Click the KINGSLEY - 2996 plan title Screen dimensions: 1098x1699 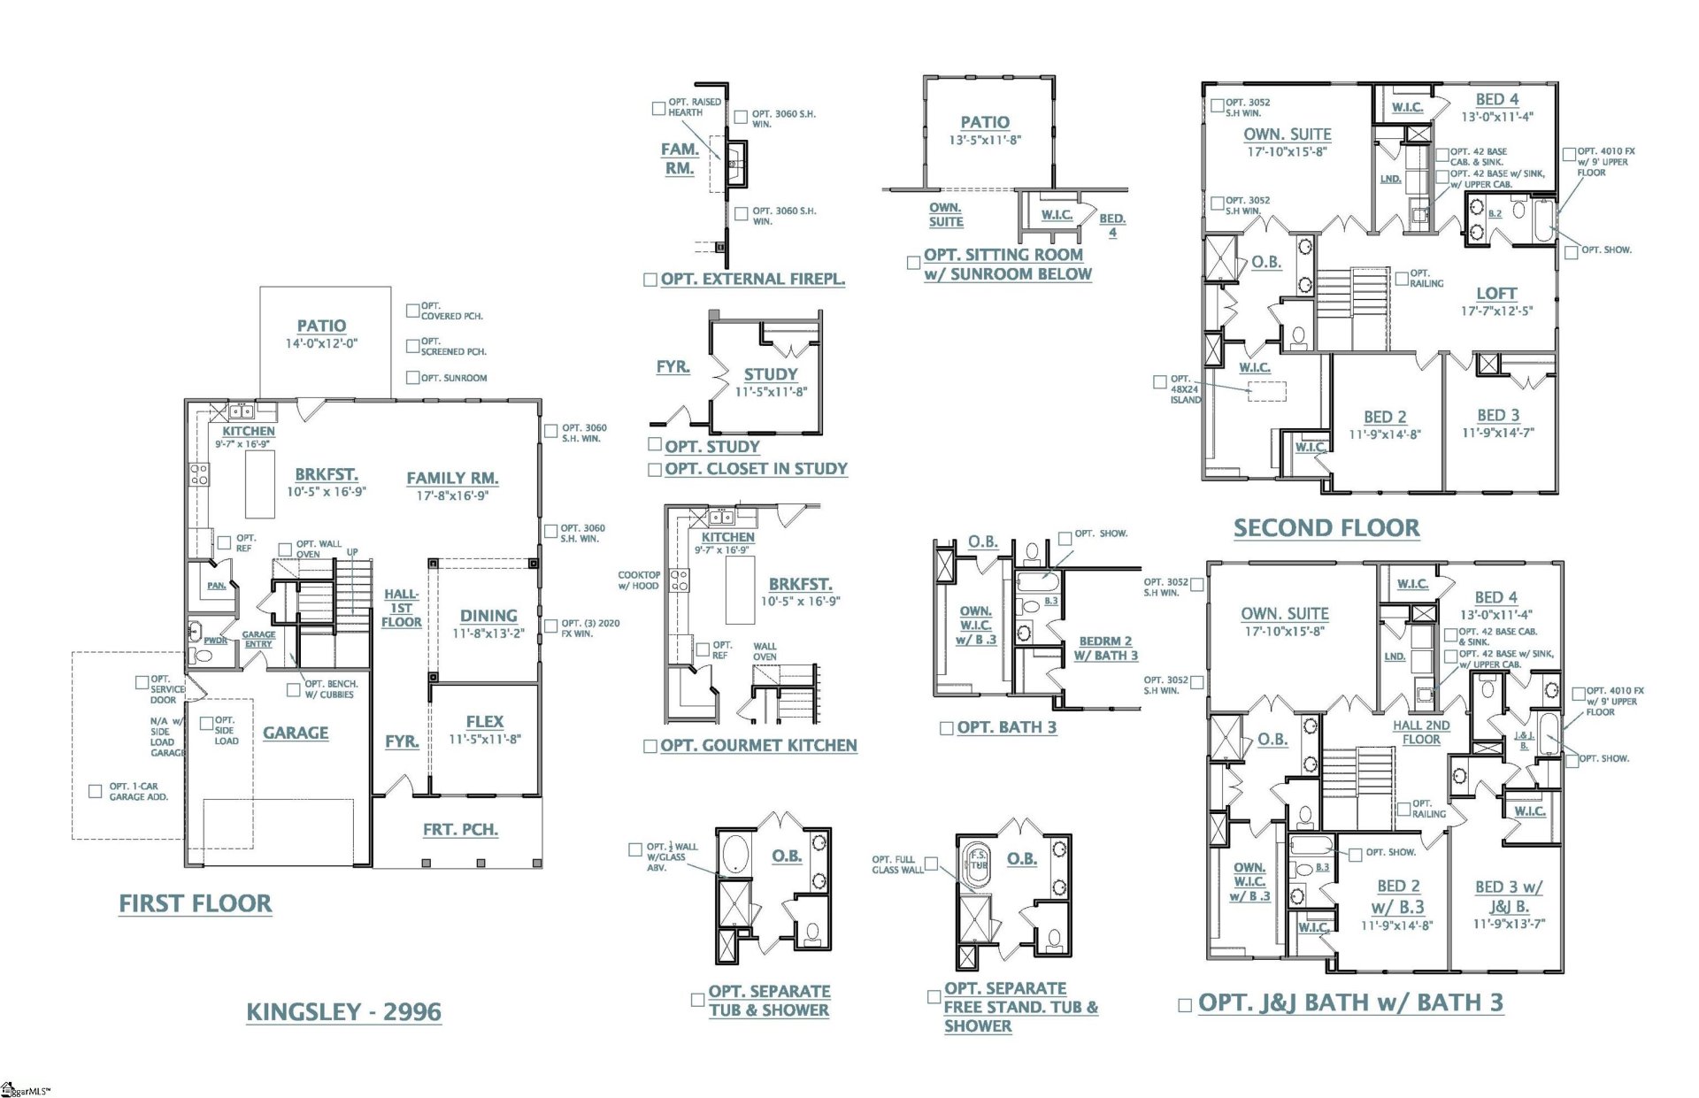pos(343,1011)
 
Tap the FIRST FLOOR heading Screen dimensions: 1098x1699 pos(196,903)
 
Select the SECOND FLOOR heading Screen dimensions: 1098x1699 pos(1326,528)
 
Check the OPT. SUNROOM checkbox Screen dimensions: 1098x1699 pos(412,378)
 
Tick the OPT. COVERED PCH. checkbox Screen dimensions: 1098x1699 pos(412,311)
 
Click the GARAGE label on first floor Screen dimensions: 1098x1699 pos(296,733)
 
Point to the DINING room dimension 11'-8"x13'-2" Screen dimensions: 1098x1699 pos(488,633)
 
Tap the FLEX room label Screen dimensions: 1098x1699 pos(484,721)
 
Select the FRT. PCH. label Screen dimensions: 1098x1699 pos(460,829)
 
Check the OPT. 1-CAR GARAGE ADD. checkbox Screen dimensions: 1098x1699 pos(96,791)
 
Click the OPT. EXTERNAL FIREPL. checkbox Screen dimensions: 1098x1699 pos(650,280)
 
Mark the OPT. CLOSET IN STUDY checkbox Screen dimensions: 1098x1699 pos(655,470)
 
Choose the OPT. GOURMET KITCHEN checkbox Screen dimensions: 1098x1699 pos(650,747)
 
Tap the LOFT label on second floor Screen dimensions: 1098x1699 pos(1495,293)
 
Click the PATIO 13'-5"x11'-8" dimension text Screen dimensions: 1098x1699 pos(985,140)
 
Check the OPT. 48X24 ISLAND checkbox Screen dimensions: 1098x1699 pos(1159,382)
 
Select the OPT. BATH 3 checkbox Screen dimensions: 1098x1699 pos(946,728)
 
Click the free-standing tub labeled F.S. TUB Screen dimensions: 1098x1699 pos(978,862)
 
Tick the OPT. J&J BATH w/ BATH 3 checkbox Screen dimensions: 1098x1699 pos(1185,1005)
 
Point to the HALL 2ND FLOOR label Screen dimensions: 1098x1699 pos(1420,732)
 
